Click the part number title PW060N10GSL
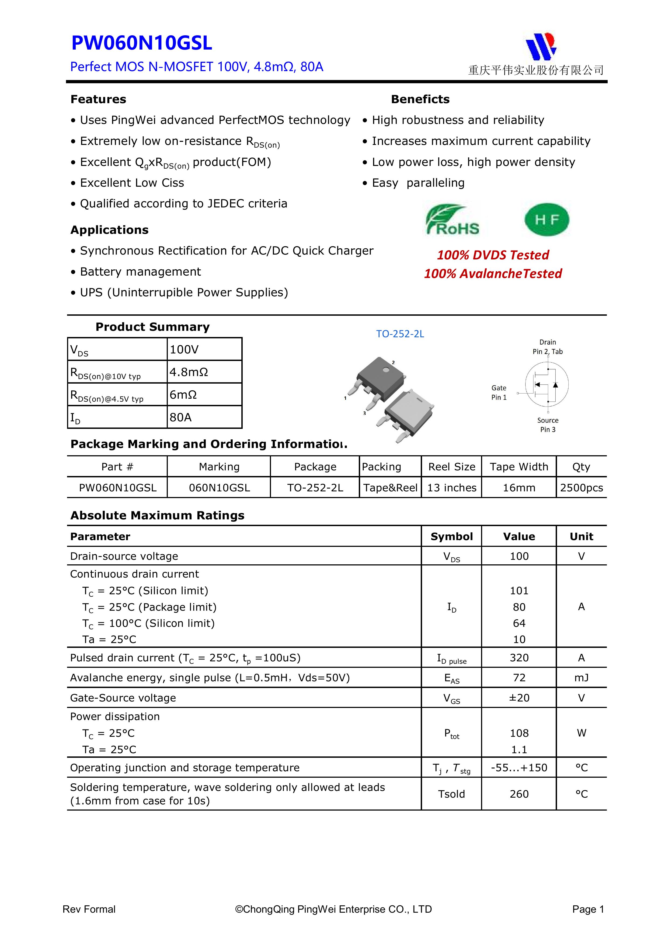(x=142, y=43)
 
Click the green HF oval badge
(x=547, y=219)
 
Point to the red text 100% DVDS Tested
(x=493, y=255)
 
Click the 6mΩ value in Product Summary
(x=183, y=395)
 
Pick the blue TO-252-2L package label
(x=400, y=334)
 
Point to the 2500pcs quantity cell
(x=581, y=488)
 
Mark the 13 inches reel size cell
(x=451, y=488)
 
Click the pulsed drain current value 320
(x=519, y=658)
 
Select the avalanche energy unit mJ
(x=581, y=678)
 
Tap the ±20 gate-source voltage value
(x=519, y=698)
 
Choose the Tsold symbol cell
(x=451, y=794)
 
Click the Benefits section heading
(x=420, y=99)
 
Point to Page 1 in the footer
(x=588, y=909)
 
